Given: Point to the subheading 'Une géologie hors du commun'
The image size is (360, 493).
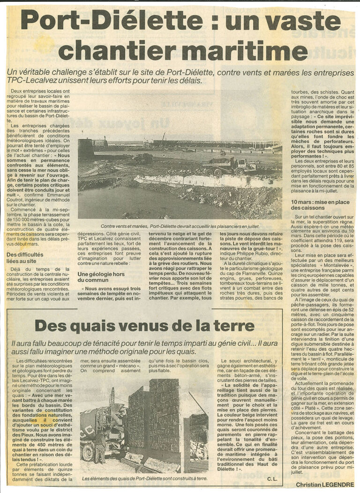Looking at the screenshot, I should click(x=101, y=277).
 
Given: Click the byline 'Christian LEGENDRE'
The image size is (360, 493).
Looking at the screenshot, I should click(x=319, y=485).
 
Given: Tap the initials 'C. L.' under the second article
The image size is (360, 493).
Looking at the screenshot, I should click(x=273, y=478).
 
